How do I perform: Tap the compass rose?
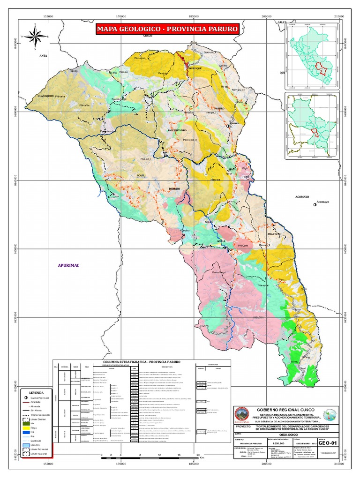point(34,36)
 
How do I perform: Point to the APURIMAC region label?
point(68,266)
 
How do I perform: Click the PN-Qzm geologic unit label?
point(242,245)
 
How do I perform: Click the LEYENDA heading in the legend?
point(36,392)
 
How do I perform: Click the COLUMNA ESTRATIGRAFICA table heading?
point(142,362)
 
